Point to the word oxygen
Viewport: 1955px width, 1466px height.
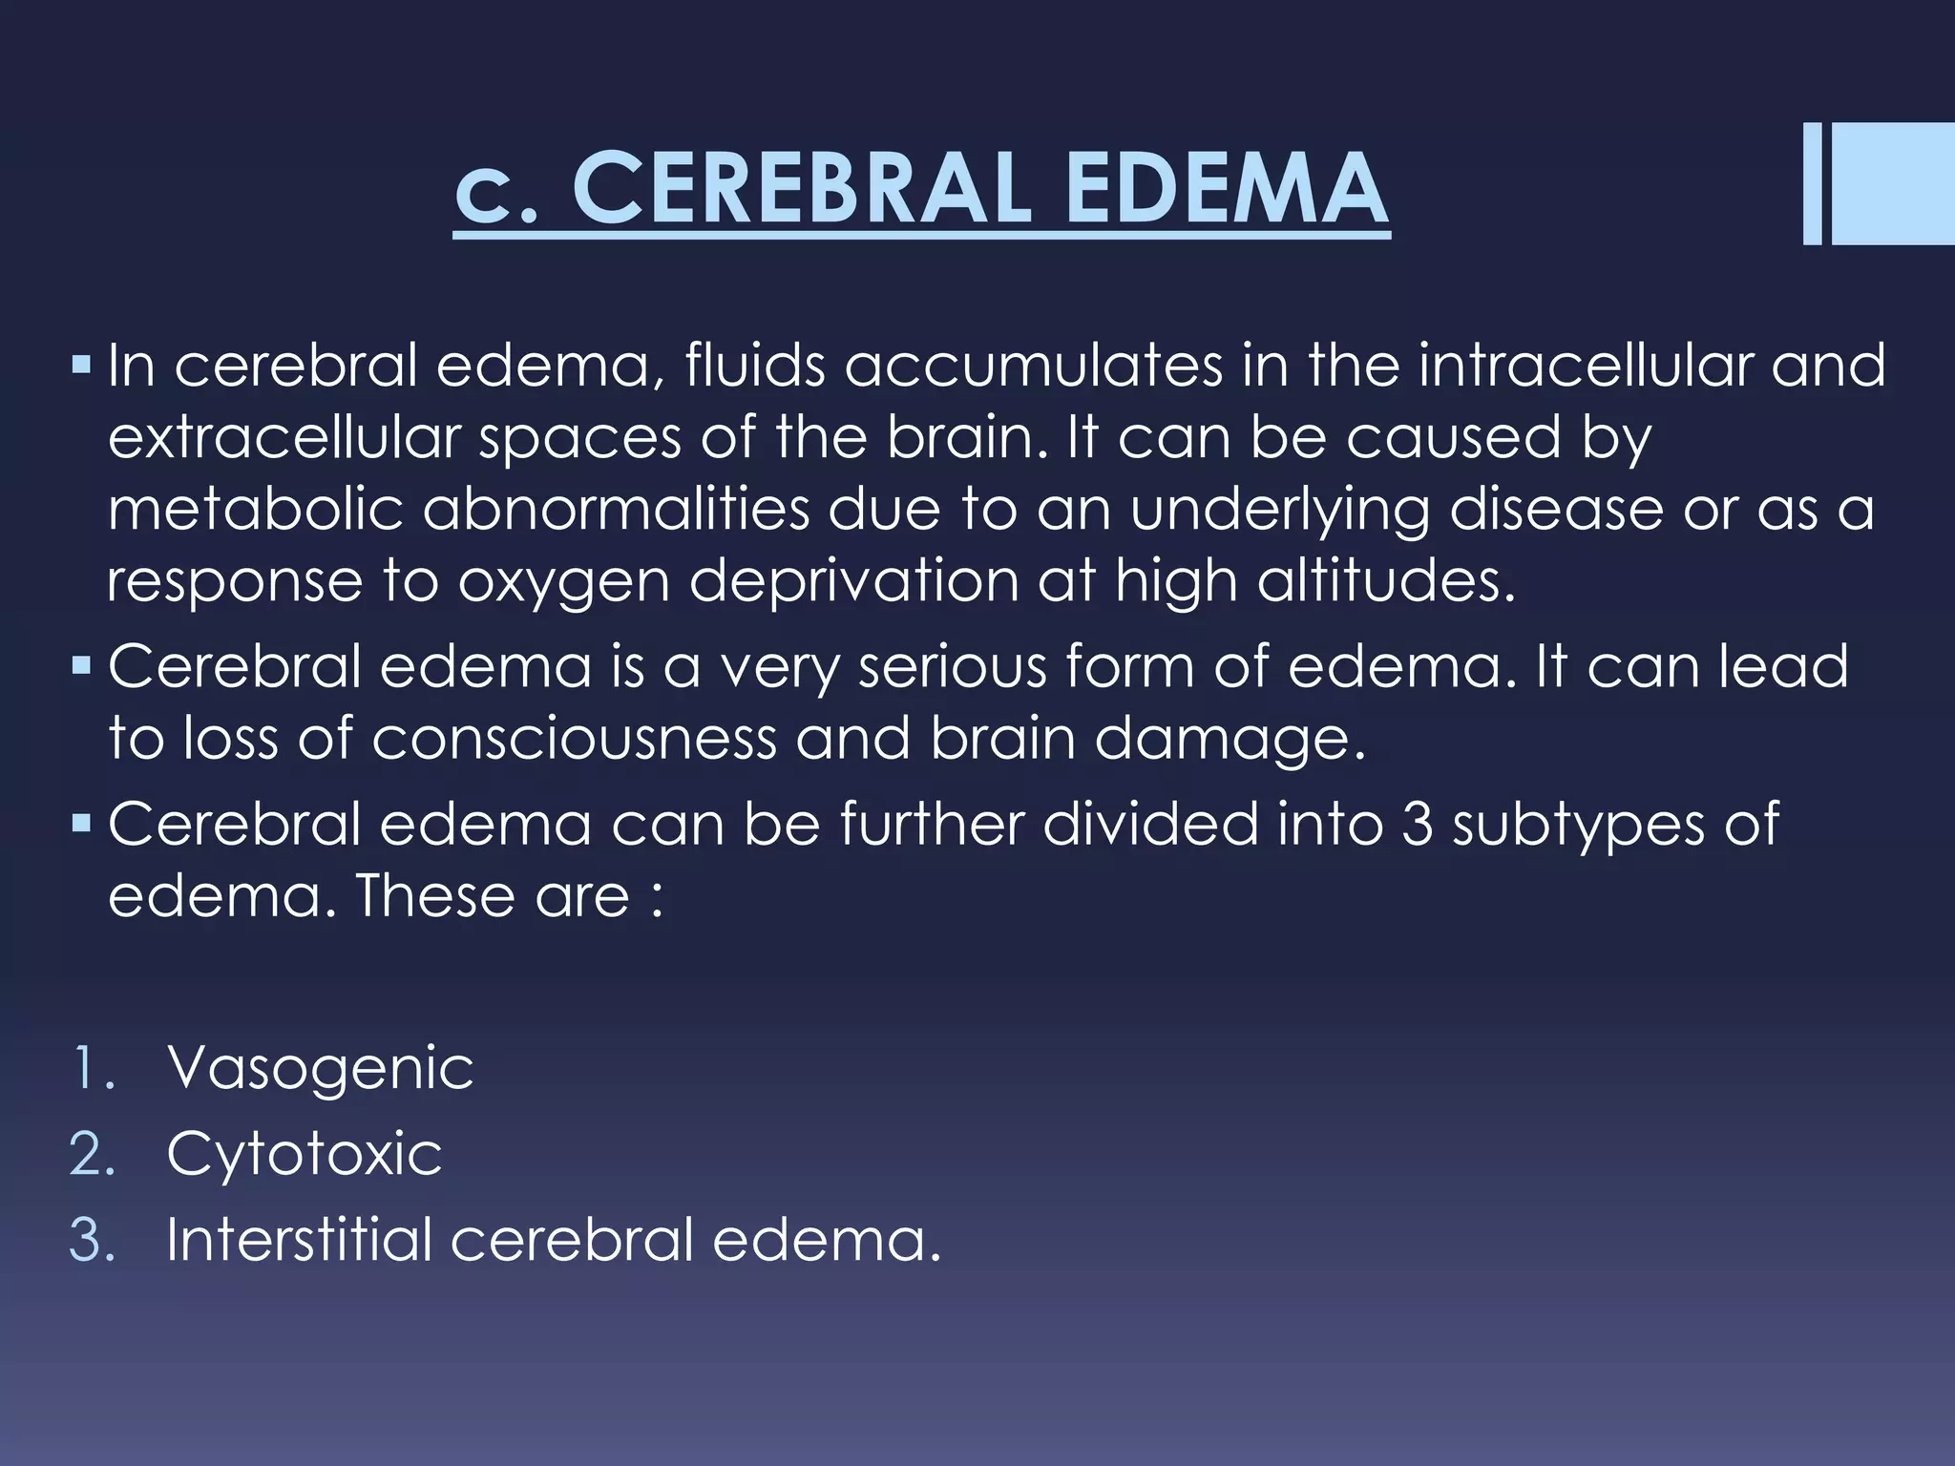[x=564, y=582]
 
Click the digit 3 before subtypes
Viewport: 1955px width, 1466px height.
[x=1419, y=824]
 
